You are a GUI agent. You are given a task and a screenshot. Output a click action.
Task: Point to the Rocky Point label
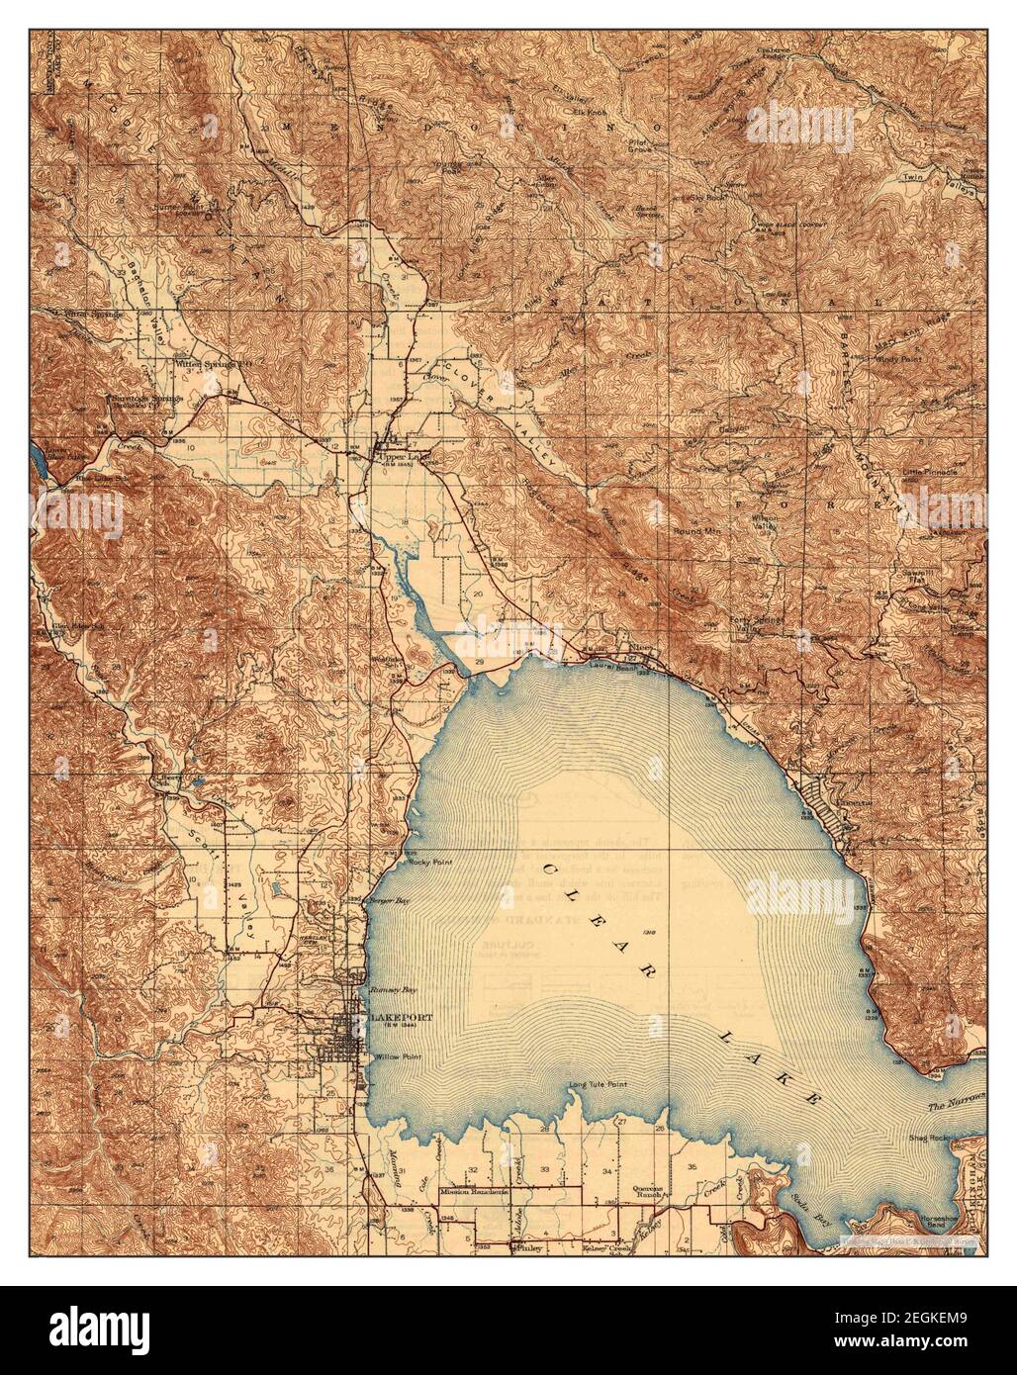point(427,862)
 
